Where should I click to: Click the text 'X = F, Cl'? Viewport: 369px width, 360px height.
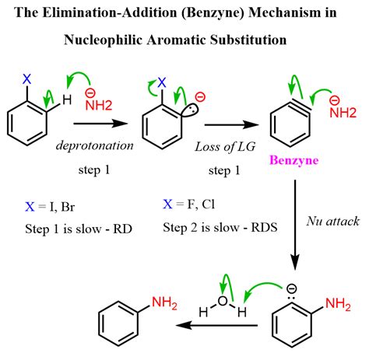pos(189,204)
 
